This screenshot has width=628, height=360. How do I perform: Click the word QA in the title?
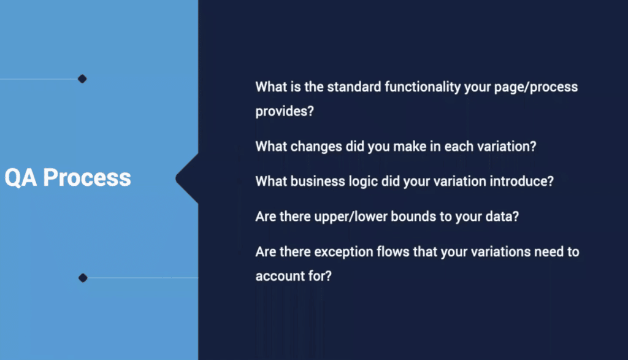tap(20, 178)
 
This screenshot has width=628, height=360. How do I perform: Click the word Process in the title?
tap(87, 177)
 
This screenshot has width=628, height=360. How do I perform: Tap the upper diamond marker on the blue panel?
tap(82, 79)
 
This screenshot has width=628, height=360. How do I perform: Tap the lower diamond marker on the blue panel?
tap(83, 278)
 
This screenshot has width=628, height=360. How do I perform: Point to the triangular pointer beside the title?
tap(188, 178)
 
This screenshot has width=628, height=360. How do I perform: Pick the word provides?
tap(285, 112)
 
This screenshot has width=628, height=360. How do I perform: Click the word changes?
tap(316, 147)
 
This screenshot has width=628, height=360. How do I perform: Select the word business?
tap(318, 182)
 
